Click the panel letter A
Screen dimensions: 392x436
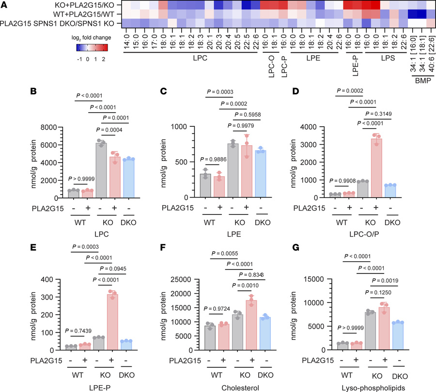point(5,4)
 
